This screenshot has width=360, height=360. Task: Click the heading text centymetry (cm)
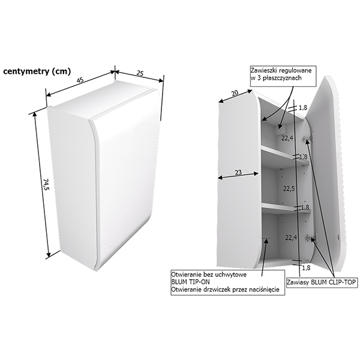(37, 71)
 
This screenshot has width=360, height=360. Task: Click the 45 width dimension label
(80, 80)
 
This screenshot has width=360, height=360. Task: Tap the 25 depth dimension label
(140, 73)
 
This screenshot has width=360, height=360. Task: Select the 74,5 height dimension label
(46, 185)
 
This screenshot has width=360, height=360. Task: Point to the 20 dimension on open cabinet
(235, 93)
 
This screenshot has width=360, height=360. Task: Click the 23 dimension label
(238, 172)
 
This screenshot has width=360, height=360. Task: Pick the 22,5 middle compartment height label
(289, 188)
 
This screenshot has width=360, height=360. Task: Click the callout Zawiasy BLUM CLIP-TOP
(322, 282)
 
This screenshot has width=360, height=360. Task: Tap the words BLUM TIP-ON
(190, 282)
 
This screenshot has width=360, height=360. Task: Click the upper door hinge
(307, 139)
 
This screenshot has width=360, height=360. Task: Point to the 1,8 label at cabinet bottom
(306, 268)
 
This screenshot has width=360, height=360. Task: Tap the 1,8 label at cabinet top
(302, 107)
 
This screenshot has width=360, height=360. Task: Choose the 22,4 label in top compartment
(287, 139)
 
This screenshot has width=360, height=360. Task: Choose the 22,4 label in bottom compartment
(291, 238)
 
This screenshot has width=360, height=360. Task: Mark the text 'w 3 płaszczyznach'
(276, 78)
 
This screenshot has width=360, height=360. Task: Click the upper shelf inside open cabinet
(285, 155)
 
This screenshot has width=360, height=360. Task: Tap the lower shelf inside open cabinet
(286, 208)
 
